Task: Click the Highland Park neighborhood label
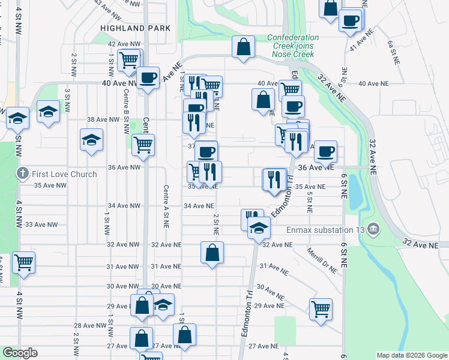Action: point(136,28)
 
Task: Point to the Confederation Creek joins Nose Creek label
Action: point(292,46)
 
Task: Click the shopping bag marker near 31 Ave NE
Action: point(212,253)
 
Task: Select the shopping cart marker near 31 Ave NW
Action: point(23,262)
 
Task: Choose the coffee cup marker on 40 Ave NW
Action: point(148,77)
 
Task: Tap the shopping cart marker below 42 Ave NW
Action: point(128,60)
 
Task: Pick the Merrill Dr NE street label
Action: point(322,260)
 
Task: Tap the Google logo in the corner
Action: point(20,353)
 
